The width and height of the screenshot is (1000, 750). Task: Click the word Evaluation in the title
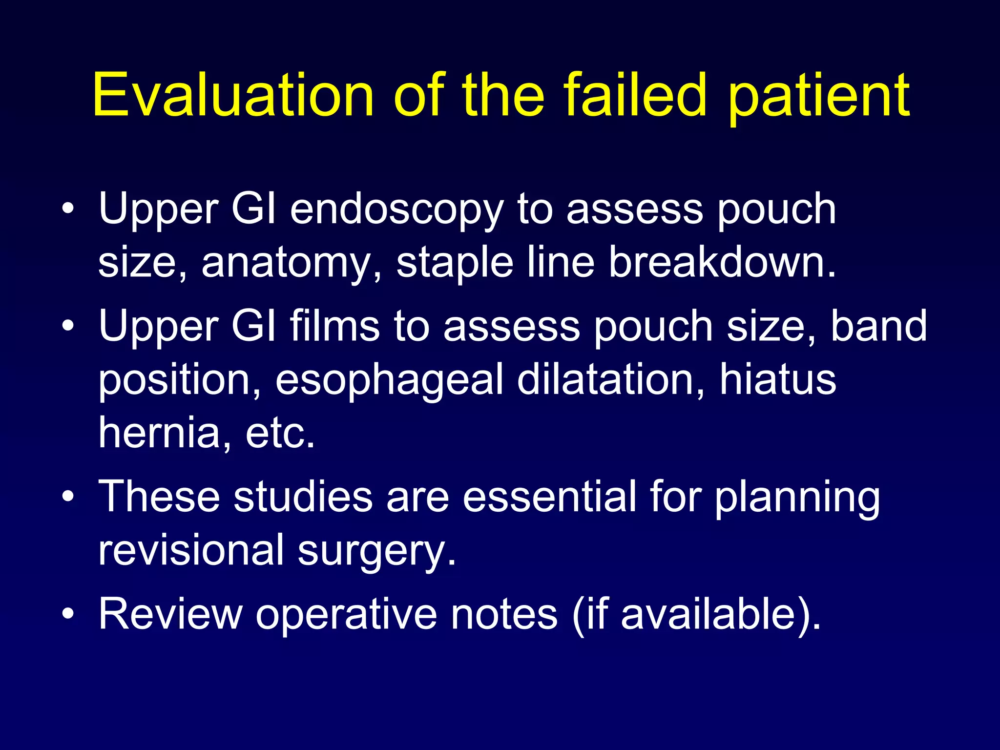(233, 95)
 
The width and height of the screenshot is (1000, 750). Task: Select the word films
(334, 326)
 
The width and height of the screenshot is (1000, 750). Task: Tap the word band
(878, 326)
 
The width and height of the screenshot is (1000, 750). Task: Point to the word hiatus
(778, 380)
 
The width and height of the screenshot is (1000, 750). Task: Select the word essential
(549, 497)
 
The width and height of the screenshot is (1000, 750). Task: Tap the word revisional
(191, 551)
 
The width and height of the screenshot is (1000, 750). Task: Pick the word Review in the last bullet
(170, 614)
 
